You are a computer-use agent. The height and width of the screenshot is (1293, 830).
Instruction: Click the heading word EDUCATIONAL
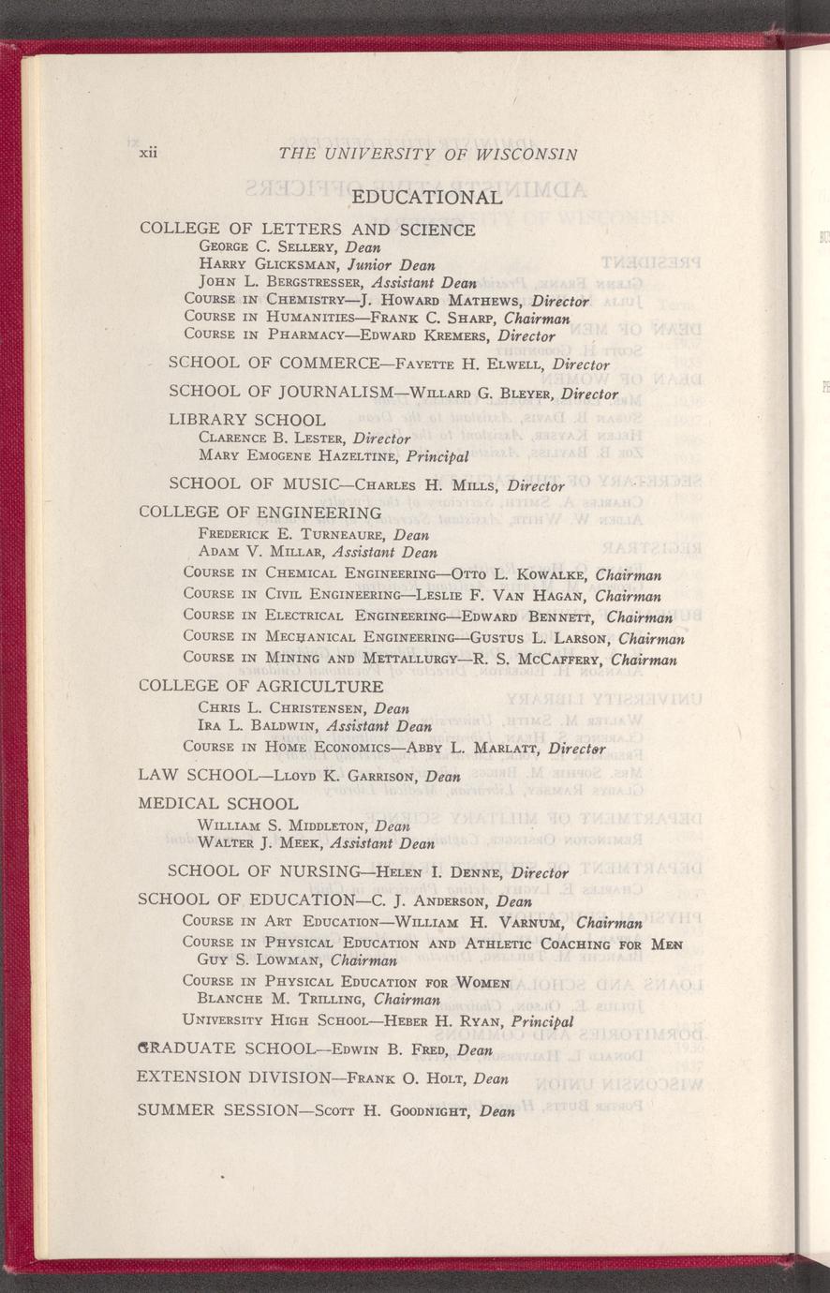(427, 198)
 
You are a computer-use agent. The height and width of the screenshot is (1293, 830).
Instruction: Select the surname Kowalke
(541, 574)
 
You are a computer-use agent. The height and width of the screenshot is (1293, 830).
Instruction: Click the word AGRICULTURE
(315, 687)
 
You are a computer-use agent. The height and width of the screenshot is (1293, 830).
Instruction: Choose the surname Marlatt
(497, 749)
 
